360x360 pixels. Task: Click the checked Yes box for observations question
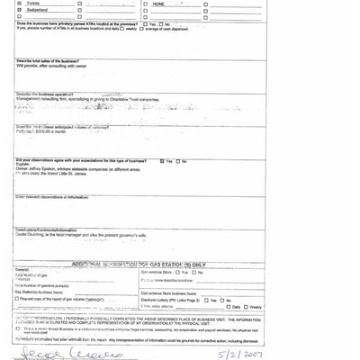pyautogui.click(x=159, y=160)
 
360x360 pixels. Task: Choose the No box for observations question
pyautogui.click(x=176, y=160)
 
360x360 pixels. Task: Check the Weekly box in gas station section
pyautogui.click(x=246, y=307)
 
